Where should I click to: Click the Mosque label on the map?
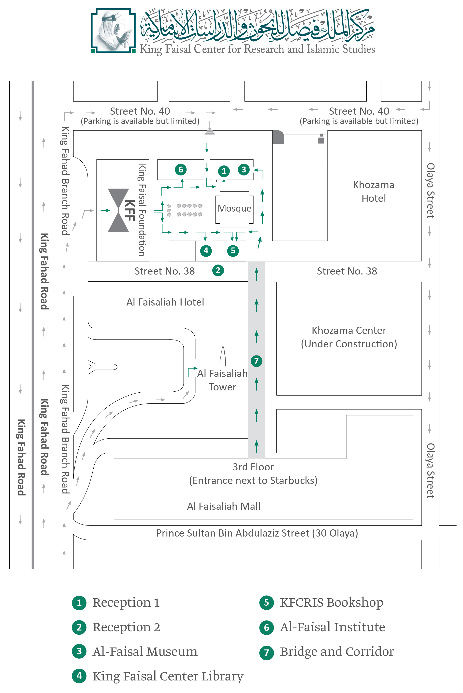(234, 208)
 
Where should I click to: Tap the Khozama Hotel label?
(374, 191)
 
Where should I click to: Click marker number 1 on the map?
(224, 171)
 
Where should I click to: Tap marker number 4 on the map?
(206, 251)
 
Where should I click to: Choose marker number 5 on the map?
(233, 251)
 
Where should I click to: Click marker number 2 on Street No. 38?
(218, 270)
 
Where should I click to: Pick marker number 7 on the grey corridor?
(256, 361)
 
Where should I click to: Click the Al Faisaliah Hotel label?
(165, 302)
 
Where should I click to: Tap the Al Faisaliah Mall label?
(224, 506)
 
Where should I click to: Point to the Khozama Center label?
(349, 330)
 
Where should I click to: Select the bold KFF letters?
(130, 210)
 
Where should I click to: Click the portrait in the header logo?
(113, 30)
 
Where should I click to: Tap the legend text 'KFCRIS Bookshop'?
(331, 602)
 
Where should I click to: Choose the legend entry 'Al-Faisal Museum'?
(145, 651)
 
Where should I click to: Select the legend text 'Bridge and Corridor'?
(337, 651)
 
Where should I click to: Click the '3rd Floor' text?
(253, 467)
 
